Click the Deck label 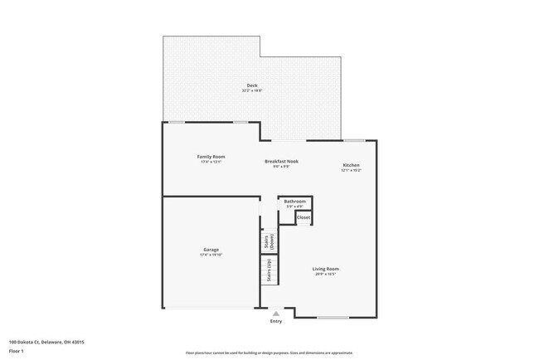tap(251, 86)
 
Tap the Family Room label tap(211, 157)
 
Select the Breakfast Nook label tap(281, 161)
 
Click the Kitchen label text tap(352, 165)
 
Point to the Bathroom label tap(295, 202)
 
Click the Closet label tap(303, 217)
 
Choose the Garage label tap(211, 249)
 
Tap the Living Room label tap(325, 269)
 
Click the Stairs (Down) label tap(269, 242)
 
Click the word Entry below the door tap(275, 322)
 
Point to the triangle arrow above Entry tap(275, 314)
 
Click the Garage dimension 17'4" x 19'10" tap(211, 255)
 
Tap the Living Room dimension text tap(325, 275)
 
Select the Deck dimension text tap(251, 91)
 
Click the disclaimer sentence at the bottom tap(269, 353)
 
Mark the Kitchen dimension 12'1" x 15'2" tap(352, 170)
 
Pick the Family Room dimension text tap(211, 162)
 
